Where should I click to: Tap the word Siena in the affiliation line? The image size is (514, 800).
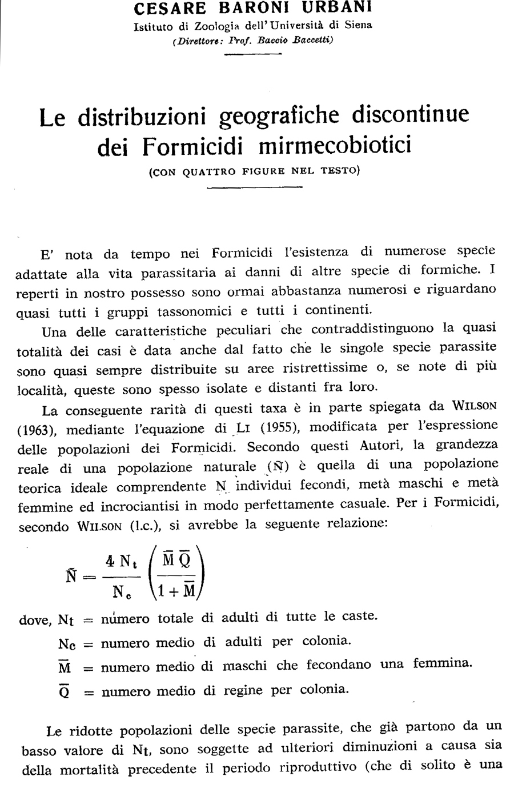coord(357,25)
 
